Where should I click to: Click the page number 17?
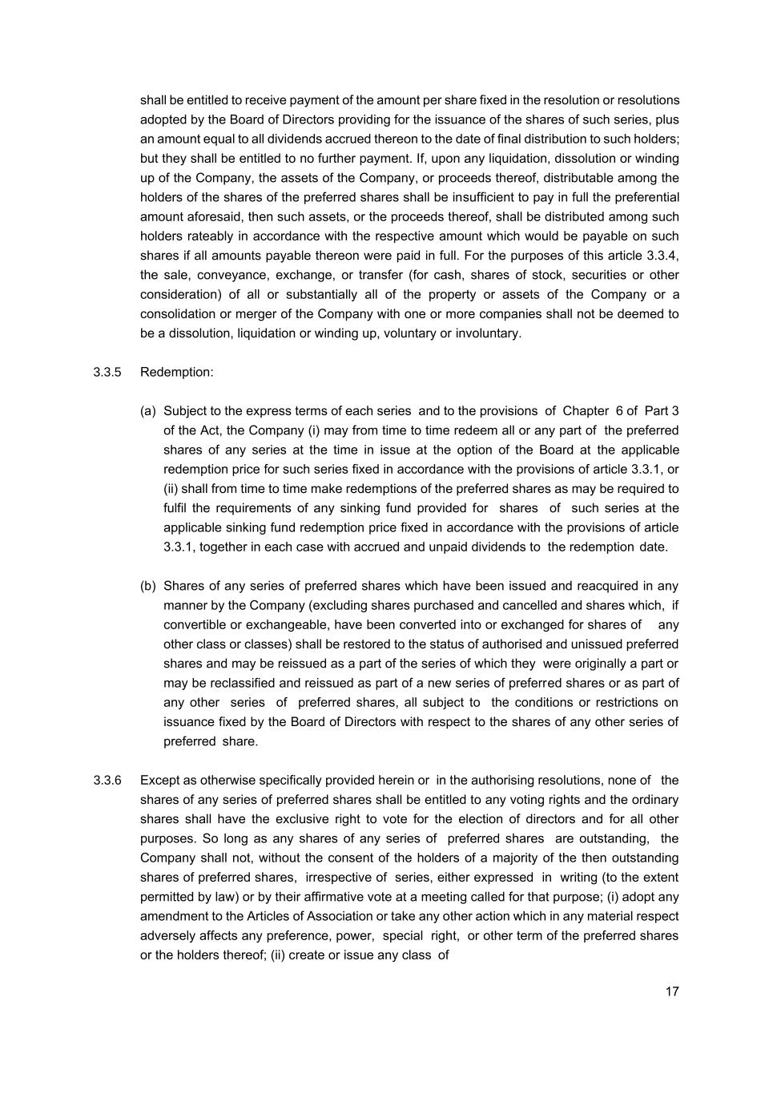(671, 991)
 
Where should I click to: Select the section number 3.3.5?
(107, 373)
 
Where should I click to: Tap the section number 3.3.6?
(107, 781)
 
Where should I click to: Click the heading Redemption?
(176, 373)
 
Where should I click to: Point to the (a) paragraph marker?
(148, 411)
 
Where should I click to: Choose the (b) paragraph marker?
(148, 586)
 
